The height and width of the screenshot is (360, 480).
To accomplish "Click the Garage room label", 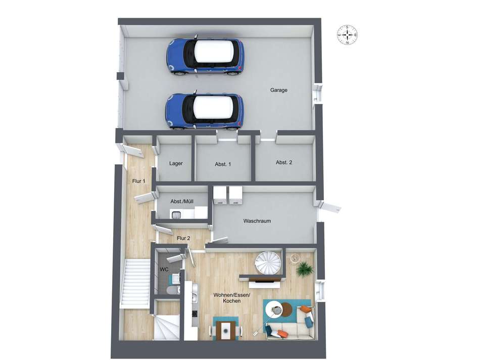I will pyautogui.click(x=278, y=90).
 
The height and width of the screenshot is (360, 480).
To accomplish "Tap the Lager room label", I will pyautogui.click(x=176, y=164).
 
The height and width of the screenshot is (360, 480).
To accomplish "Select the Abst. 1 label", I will pyautogui.click(x=223, y=164).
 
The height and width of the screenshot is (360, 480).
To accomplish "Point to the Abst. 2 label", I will pyautogui.click(x=284, y=162).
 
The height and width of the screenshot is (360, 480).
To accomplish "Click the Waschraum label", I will pyautogui.click(x=257, y=221).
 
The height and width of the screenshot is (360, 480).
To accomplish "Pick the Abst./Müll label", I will pyautogui.click(x=182, y=201).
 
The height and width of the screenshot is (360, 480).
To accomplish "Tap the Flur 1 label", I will pyautogui.click(x=139, y=181).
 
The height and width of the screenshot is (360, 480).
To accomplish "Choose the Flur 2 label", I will pyautogui.click(x=183, y=238).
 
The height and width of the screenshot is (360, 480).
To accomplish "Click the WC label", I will pyautogui.click(x=164, y=269).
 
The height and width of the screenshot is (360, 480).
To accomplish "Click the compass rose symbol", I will pyautogui.click(x=348, y=34).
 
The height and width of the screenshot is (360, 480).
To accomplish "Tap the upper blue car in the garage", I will pyautogui.click(x=206, y=56).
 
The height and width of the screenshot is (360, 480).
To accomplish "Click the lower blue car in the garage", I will pyautogui.click(x=205, y=111).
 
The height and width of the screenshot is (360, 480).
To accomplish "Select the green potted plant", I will pyautogui.click(x=304, y=269).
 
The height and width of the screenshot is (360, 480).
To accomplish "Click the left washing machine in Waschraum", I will pyautogui.click(x=220, y=195).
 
